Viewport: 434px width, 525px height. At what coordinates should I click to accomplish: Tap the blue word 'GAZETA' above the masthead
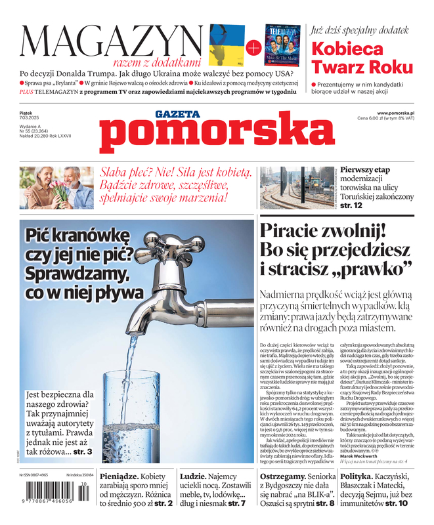tap(177, 114)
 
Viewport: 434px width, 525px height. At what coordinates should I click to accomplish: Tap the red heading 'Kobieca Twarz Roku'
tap(362, 58)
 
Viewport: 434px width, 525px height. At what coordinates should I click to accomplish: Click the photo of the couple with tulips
tap(56, 188)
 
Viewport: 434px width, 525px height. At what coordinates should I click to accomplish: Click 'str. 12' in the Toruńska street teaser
tap(349, 205)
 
